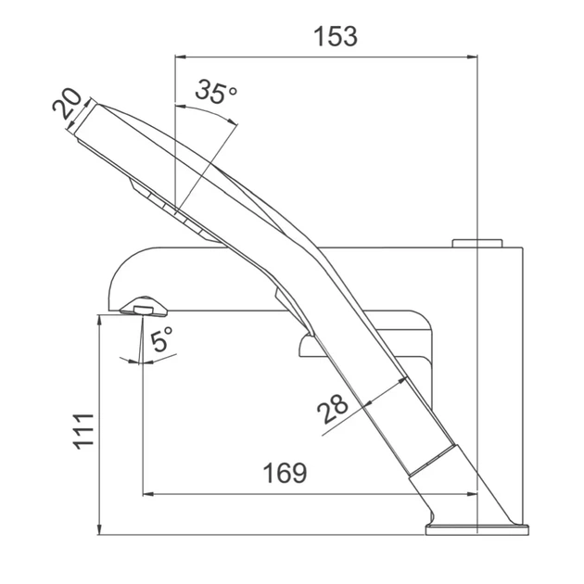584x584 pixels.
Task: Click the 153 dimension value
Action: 336,36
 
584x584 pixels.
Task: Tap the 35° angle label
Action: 216,91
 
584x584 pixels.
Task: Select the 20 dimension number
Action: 68,104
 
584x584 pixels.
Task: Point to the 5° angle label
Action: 161,339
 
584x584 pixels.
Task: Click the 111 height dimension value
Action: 83,430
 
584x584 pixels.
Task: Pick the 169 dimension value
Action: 285,473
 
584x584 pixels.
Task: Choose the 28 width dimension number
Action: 332,409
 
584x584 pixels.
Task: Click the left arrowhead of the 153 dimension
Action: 180,57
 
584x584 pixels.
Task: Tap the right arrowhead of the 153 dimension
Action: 472,57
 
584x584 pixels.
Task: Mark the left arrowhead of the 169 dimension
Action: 148,494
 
